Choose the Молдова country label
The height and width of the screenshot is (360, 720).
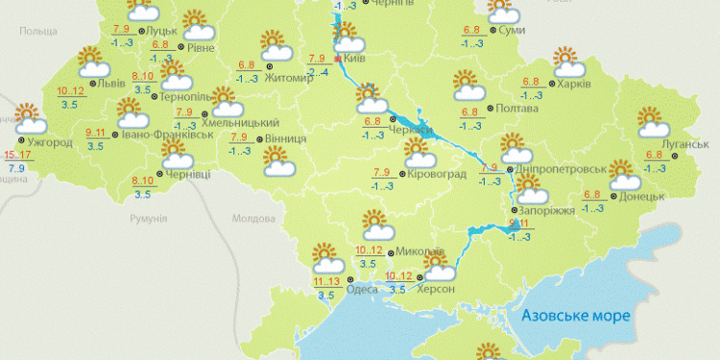click(x=249, y=219)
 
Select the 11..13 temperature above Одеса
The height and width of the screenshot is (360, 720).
click(x=326, y=281)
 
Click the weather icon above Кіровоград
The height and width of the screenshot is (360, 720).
click(x=418, y=151)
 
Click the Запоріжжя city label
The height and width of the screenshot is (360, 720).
click(x=547, y=210)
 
